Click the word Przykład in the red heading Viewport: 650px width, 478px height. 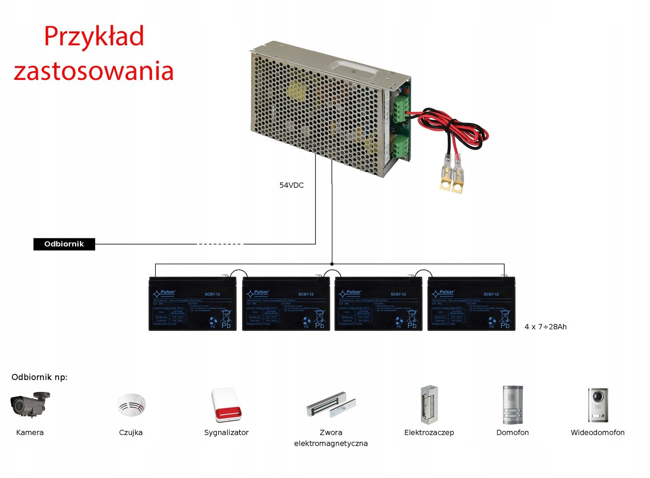point(94,36)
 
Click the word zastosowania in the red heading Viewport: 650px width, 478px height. point(93,71)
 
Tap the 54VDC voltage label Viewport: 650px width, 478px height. point(291,185)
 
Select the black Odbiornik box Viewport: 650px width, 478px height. point(64,244)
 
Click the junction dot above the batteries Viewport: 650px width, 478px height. point(332,264)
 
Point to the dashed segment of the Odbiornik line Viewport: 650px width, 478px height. point(220,244)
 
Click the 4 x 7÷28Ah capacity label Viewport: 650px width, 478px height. point(545,327)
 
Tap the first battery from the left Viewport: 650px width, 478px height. point(192,304)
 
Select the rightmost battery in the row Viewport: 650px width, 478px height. point(471,304)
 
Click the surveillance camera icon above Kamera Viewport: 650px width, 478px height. point(30,404)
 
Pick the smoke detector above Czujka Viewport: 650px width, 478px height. point(131,405)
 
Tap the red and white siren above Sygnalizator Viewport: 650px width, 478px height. point(227,405)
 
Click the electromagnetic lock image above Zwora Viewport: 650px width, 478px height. point(331,404)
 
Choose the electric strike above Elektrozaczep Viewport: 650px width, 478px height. point(428,404)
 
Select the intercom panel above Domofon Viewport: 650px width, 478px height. point(512,404)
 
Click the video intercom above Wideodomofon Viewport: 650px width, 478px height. point(598,405)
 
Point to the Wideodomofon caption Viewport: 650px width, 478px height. point(598,432)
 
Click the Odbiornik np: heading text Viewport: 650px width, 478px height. point(40,377)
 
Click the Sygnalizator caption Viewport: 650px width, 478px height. point(226,432)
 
